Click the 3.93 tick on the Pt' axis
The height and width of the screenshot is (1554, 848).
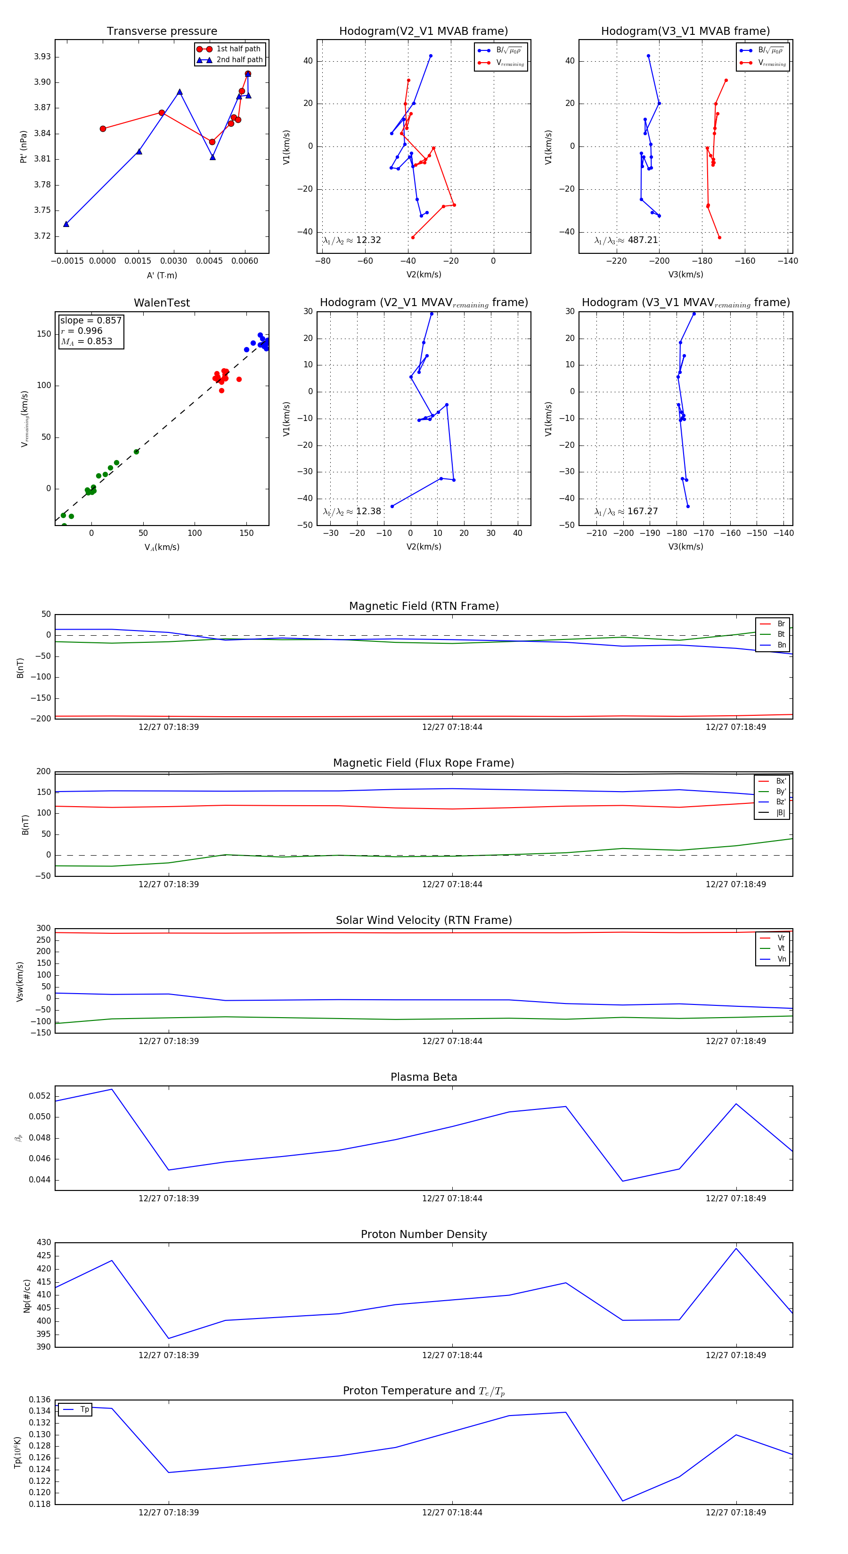click(42, 57)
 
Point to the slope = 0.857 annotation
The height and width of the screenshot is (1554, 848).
click(90, 320)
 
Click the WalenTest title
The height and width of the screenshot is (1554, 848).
click(162, 303)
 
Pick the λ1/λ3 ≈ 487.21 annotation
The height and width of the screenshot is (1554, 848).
click(626, 240)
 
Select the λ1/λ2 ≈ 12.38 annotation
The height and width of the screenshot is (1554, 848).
click(352, 511)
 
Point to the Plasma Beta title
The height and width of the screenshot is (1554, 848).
click(424, 1077)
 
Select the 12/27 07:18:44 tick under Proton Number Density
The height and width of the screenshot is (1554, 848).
click(452, 1355)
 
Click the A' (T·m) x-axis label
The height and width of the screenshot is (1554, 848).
click(162, 275)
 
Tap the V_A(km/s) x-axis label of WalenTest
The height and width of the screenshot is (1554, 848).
click(162, 547)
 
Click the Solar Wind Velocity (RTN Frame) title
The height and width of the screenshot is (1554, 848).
click(424, 920)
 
